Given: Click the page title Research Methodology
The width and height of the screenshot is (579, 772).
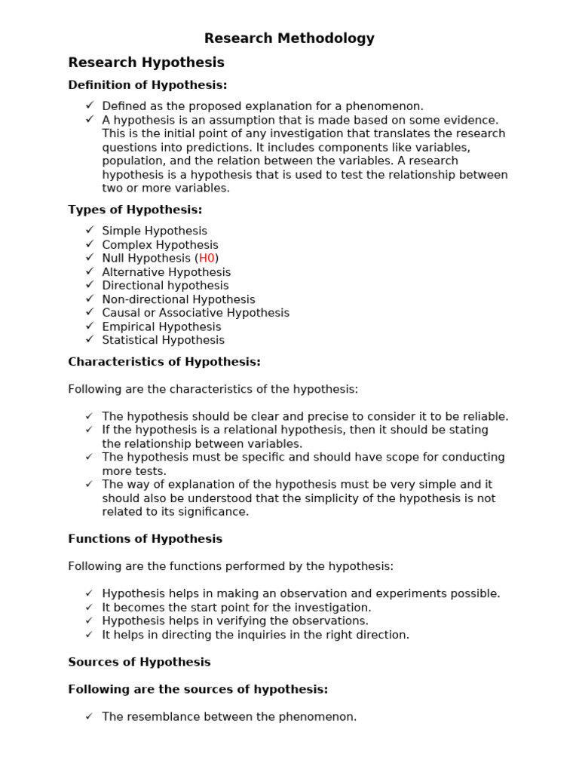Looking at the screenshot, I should pos(289,38).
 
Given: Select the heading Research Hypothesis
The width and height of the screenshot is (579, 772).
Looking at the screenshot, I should pos(146,63).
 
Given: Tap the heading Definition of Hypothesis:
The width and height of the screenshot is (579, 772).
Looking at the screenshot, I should pos(148,85).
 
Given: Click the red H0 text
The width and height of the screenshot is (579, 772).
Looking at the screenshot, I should pos(207,259).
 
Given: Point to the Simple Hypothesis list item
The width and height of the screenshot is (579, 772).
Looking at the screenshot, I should pos(155,231).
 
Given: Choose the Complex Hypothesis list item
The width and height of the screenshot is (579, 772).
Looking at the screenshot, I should pos(160,245).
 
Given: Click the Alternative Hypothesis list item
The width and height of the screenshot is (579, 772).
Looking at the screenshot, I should pos(167,272).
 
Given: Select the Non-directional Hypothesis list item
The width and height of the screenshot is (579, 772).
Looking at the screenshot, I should pos(179,300).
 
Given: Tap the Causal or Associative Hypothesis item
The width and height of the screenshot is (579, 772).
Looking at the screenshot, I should pos(195,313).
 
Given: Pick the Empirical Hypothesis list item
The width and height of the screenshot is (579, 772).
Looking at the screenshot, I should pos(161,327).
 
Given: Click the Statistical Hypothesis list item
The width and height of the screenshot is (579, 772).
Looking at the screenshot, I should pos(163,341).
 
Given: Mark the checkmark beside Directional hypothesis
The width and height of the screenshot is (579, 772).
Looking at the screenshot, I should pos(90,285).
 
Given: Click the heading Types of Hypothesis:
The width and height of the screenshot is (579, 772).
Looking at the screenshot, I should pos(135,210).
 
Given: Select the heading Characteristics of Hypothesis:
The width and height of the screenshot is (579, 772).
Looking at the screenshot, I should pos(164,362).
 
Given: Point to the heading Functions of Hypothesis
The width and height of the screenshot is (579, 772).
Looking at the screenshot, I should pos(145,539).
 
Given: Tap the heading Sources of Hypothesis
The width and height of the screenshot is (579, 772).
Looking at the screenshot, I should pos(139,662).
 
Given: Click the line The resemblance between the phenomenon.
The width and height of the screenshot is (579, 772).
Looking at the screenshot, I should pos(229,717).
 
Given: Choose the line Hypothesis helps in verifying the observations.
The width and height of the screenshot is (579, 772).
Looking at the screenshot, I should pos(235,621).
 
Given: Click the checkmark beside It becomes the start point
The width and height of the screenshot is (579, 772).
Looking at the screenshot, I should pos(90,608).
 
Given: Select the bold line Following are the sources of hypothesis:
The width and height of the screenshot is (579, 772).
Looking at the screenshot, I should pos(198,689).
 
